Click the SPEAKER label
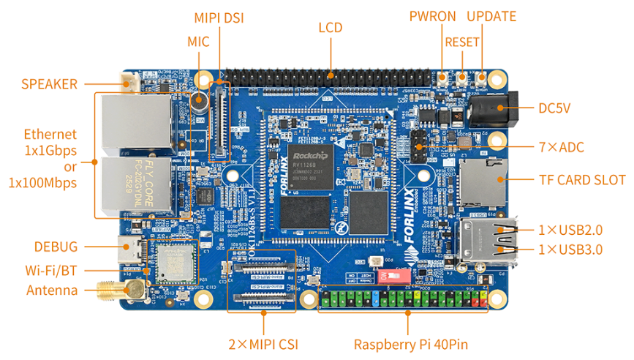click(x=49, y=84)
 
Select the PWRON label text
click(x=432, y=17)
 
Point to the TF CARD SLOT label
click(x=582, y=180)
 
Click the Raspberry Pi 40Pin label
click(x=410, y=345)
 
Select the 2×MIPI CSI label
click(x=263, y=345)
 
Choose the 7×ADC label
click(x=562, y=147)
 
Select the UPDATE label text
click(x=491, y=17)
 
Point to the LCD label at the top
click(x=331, y=28)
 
